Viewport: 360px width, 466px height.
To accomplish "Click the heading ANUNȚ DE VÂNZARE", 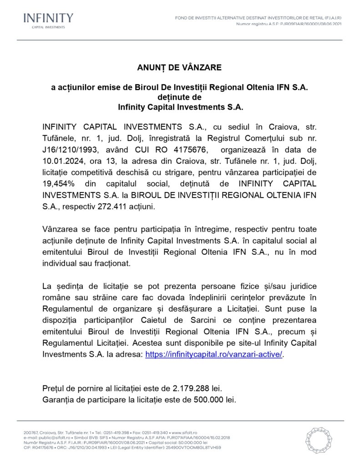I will coord(179,67).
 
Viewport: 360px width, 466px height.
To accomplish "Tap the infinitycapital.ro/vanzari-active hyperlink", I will coord(214,354).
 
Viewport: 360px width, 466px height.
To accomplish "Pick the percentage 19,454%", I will coord(60,183).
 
